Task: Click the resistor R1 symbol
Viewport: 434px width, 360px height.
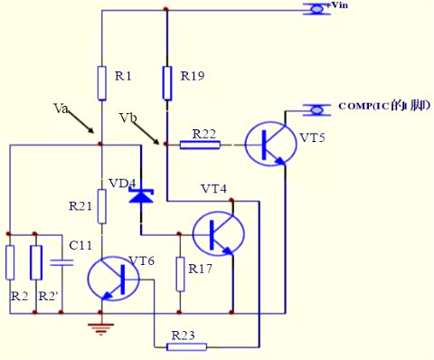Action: click(x=100, y=82)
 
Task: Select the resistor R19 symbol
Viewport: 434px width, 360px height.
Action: click(x=166, y=82)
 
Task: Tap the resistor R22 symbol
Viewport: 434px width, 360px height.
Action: click(x=200, y=143)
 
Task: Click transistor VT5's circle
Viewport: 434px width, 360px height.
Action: click(x=270, y=142)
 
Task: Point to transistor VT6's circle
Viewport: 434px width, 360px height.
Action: click(x=114, y=279)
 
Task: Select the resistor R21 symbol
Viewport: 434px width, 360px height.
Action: click(x=100, y=207)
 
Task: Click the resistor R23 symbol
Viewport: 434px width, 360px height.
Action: click(x=188, y=346)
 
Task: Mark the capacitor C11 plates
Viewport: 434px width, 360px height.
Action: click(x=61, y=262)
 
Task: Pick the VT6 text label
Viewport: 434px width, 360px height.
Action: click(x=141, y=261)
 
